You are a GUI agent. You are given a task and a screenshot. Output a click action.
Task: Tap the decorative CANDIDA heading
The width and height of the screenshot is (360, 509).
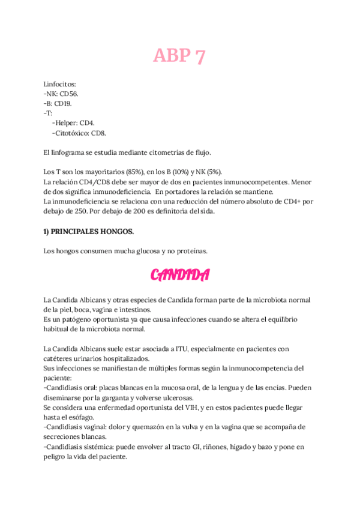tap(179, 275)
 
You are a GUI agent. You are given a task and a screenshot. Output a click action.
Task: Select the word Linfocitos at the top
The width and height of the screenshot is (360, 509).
tap(60, 84)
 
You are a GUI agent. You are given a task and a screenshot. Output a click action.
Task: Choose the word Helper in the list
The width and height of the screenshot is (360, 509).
tap(65, 123)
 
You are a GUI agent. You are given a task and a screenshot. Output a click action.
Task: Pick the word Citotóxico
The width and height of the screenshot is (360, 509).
tap(71, 133)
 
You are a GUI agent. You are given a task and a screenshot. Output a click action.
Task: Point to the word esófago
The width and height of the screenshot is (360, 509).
tap(82, 417)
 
